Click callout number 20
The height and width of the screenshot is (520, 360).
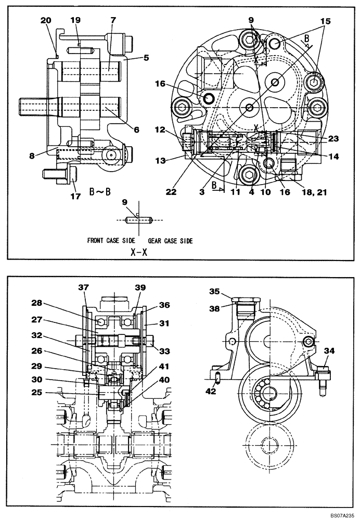click(46, 20)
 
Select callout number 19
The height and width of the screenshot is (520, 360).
click(76, 20)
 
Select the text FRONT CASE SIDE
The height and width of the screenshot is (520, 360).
click(111, 241)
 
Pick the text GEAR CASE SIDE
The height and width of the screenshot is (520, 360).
click(170, 241)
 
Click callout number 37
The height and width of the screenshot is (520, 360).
click(84, 288)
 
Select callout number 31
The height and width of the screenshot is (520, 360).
click(165, 323)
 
